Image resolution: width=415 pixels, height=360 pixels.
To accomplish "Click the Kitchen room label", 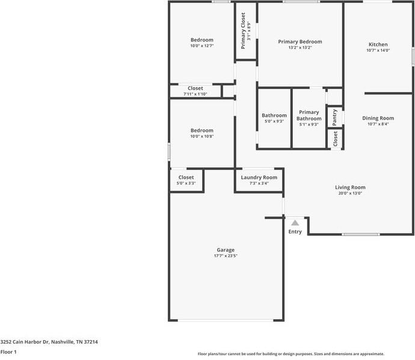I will click(378, 45).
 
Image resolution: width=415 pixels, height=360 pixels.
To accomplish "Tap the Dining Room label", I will click(378, 118).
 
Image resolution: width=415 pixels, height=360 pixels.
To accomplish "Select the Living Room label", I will click(350, 187).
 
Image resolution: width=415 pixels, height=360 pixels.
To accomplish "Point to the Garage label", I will click(226, 250).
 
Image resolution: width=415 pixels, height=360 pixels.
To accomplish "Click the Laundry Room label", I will click(259, 178).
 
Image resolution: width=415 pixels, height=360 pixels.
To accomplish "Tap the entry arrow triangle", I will click(295, 223).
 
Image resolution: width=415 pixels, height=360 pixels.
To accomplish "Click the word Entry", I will click(295, 232).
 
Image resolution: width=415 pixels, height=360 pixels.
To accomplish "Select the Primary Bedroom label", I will click(300, 42).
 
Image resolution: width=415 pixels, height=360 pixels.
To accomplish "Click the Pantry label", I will click(335, 117).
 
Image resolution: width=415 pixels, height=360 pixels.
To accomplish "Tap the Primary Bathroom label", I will click(309, 115).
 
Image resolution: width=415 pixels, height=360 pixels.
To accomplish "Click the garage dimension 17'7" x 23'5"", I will click(226, 256).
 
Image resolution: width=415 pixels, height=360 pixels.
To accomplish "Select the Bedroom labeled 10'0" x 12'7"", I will click(201, 40).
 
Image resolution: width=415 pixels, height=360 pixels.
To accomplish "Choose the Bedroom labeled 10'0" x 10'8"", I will click(201, 131).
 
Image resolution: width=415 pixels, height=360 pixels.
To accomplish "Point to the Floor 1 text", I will click(8, 352).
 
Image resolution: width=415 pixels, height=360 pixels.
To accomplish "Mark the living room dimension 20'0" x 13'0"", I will click(350, 193).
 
